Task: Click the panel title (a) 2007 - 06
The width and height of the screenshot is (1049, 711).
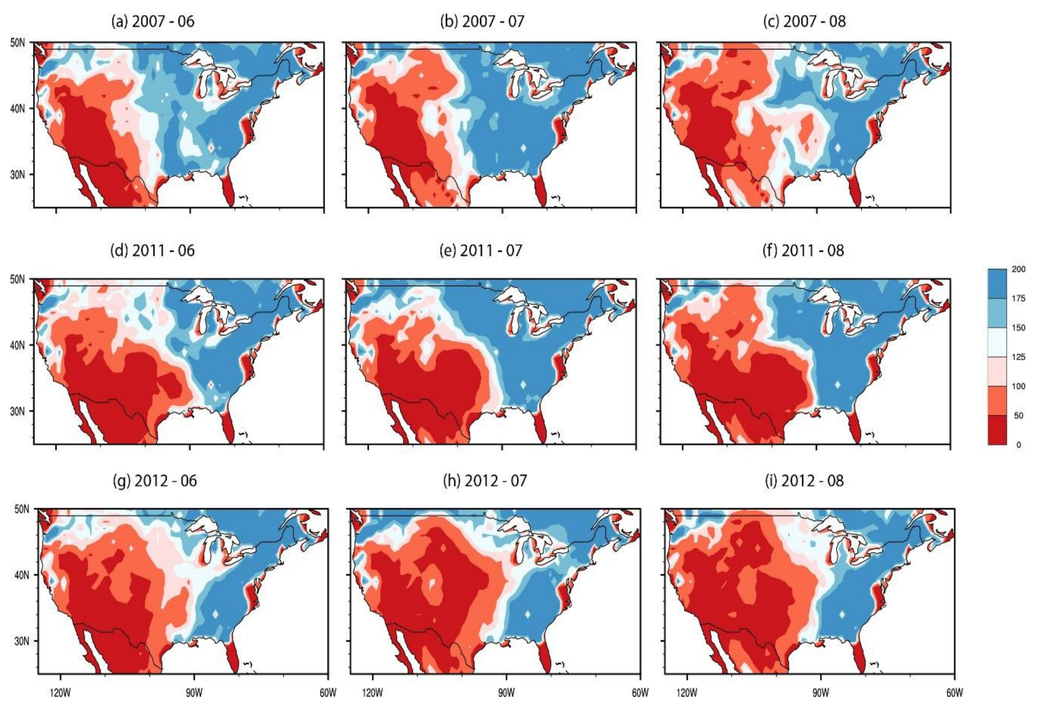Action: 153,21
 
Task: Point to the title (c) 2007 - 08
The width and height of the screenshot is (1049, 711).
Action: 804,21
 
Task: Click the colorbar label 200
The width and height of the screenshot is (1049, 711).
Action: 1018,269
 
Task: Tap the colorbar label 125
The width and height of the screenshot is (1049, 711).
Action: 1018,357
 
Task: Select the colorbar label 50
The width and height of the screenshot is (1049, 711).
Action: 1019,415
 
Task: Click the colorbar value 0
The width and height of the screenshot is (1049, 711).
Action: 1019,445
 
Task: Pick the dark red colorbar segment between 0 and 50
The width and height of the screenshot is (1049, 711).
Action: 997,430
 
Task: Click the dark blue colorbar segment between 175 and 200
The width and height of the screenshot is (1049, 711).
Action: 997,284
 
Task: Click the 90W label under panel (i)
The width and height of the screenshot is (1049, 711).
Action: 820,693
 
